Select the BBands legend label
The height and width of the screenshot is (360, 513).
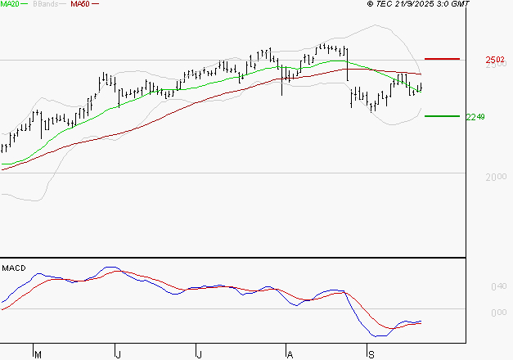[x=47, y=4]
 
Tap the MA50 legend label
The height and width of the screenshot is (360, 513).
[x=80, y=4]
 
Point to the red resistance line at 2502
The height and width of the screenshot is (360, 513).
[x=443, y=59]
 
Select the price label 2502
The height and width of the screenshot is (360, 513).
[x=493, y=60]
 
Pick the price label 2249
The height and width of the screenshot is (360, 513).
[x=475, y=117]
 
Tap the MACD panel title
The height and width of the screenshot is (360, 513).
[x=13, y=268]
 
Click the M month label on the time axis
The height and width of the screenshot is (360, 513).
[x=37, y=354]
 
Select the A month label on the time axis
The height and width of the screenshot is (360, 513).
[x=289, y=354]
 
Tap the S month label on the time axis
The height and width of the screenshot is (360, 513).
[x=371, y=354]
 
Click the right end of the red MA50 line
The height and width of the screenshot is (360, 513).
[x=421, y=74]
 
